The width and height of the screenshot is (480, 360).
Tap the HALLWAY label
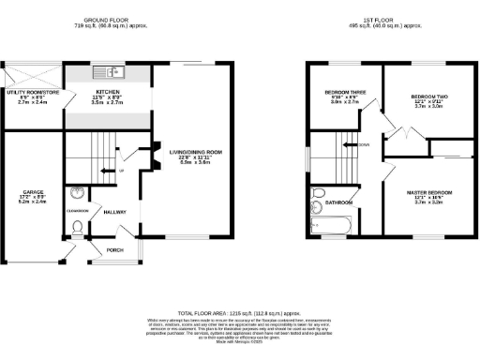point(115,212)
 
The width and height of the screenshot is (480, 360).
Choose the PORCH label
point(115,250)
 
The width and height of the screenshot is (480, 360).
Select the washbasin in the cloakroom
point(76,195)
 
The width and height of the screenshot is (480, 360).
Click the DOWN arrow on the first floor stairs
point(353,144)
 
